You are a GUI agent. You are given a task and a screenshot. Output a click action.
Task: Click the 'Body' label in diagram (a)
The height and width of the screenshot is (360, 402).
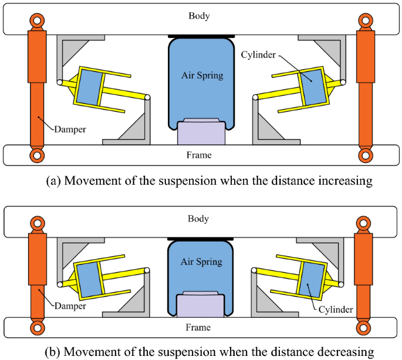tap(198, 15)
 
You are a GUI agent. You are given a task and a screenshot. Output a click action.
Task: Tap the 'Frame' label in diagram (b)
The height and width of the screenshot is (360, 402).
tap(199, 327)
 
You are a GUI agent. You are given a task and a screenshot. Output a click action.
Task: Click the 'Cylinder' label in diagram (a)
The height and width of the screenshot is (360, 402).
tap(258, 54)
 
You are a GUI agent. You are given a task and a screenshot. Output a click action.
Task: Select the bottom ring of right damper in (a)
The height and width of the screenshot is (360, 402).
tap(366, 155)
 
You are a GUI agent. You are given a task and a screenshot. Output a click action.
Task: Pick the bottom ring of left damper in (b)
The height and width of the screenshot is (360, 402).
tap(36, 327)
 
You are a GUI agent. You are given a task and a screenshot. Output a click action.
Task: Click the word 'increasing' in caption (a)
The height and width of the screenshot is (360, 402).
tap(344, 180)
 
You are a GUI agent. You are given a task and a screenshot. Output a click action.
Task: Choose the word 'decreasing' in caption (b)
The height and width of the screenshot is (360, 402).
tap(344, 351)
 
